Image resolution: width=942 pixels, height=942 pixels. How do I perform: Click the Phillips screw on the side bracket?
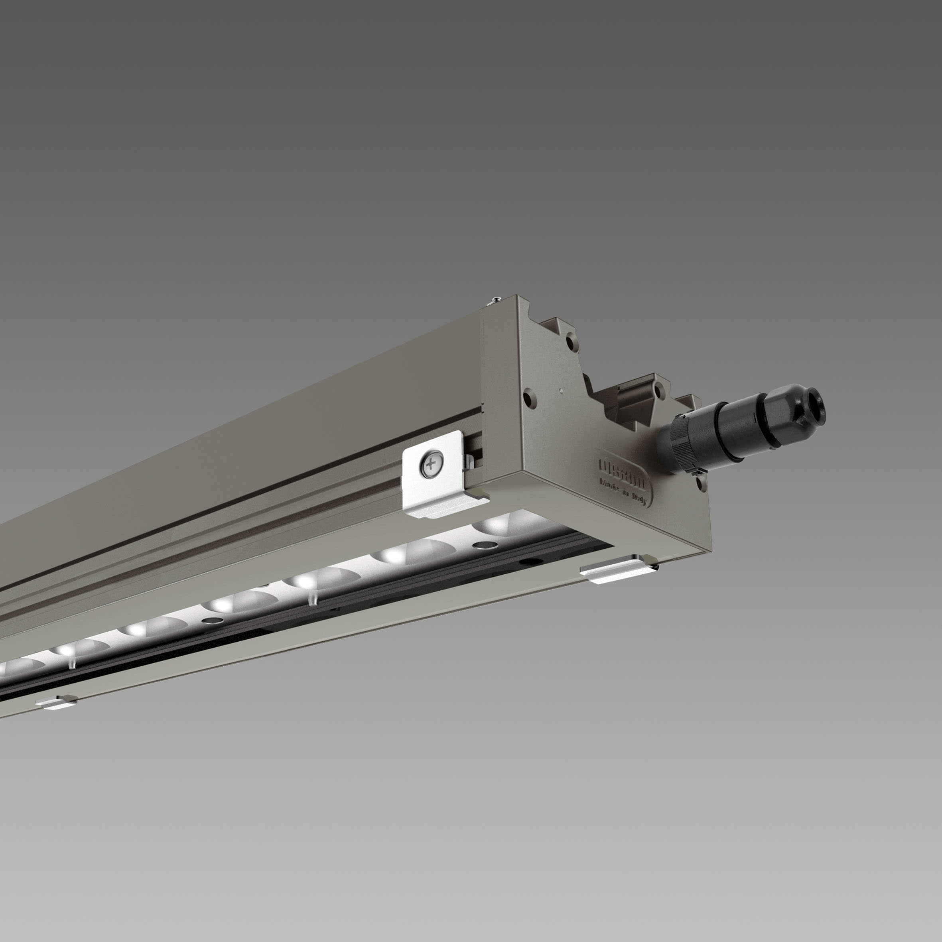pos(432,464)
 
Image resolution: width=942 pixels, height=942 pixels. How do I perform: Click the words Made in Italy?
pos(623,493)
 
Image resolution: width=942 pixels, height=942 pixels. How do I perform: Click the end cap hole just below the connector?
pos(701,482)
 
